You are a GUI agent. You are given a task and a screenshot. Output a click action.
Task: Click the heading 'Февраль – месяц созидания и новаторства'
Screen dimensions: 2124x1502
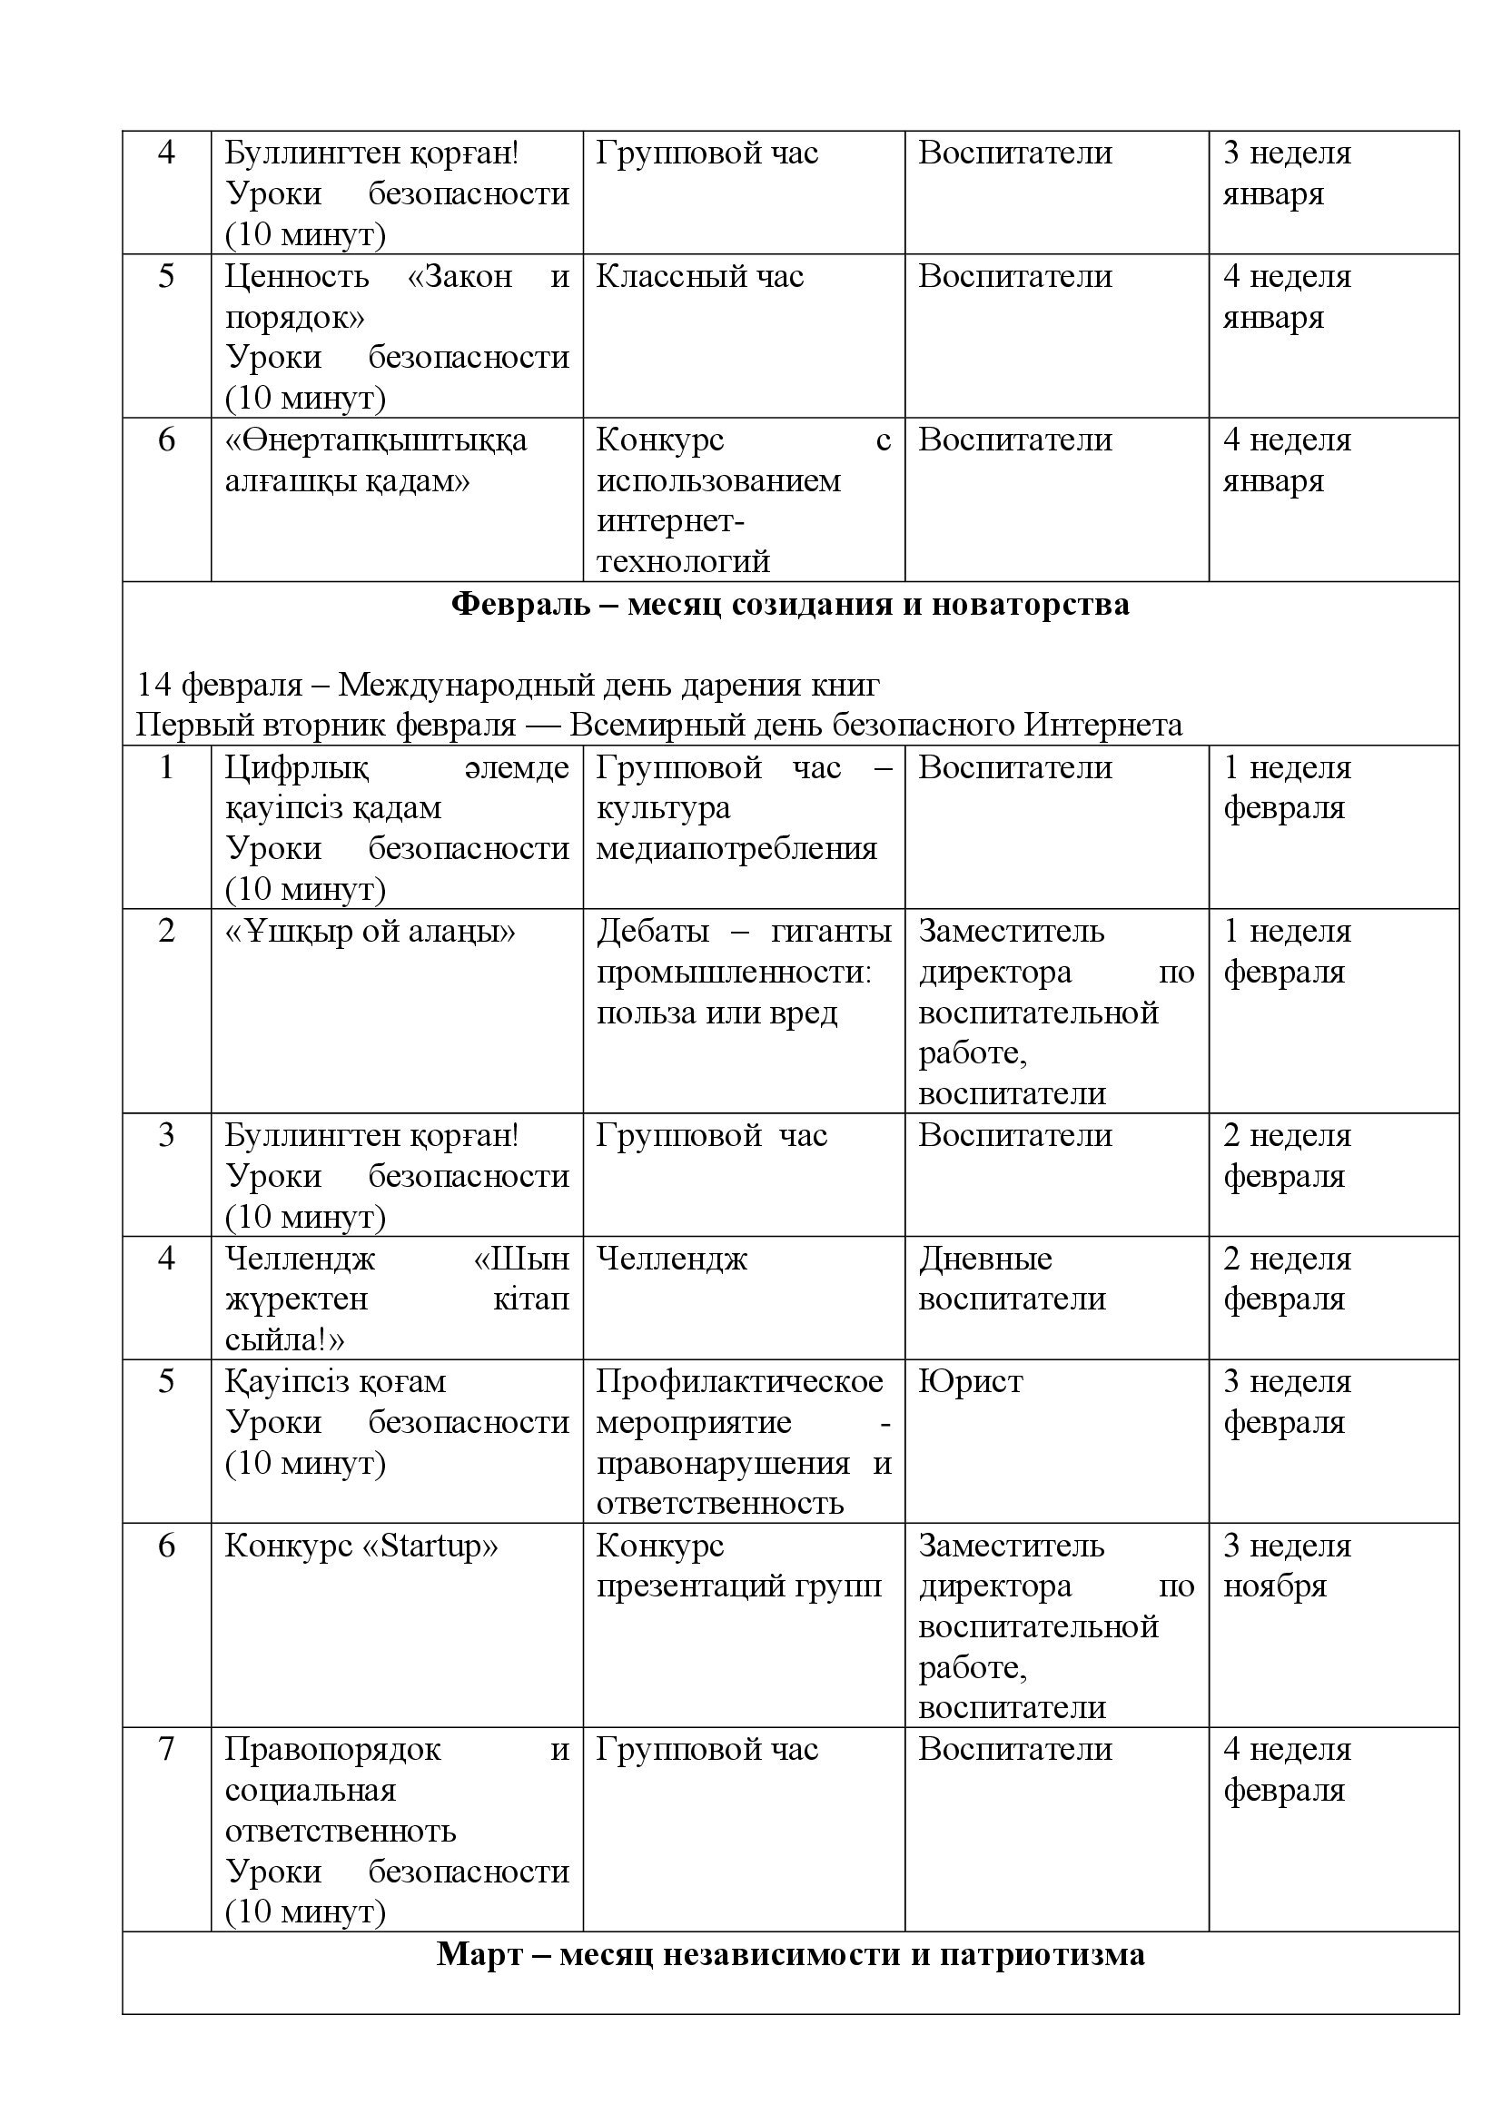coord(790,605)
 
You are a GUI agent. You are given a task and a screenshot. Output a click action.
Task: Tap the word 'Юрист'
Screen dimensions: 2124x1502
coord(970,1382)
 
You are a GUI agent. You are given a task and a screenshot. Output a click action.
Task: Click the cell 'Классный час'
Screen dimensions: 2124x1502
coord(699,277)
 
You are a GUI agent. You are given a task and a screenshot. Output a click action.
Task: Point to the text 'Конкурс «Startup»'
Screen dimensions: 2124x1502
coord(361,1546)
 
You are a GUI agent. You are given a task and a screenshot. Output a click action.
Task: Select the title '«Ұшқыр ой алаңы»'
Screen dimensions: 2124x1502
coord(370,932)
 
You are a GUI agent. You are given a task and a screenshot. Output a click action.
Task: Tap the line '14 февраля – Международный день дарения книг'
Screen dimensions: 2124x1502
coord(508,685)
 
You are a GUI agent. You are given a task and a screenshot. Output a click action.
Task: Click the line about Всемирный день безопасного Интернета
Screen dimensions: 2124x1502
coord(658,725)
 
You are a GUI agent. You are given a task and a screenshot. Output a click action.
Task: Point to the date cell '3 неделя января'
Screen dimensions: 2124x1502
coord(1287,173)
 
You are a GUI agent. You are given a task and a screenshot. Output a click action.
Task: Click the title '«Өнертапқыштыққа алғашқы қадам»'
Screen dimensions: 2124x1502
coord(376,459)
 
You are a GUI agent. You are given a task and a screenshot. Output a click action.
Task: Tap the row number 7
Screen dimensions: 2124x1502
coord(166,1749)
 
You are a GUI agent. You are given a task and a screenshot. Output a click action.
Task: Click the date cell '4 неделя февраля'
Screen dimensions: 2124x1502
coord(1287,1770)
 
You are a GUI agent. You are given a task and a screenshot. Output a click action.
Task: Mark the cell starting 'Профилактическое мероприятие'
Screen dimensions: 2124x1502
coord(743,1442)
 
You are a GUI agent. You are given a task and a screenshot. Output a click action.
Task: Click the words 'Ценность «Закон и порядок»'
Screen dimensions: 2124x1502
coord(396,296)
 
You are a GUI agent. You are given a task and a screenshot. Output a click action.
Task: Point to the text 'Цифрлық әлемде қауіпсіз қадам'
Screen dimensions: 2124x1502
coord(396,787)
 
